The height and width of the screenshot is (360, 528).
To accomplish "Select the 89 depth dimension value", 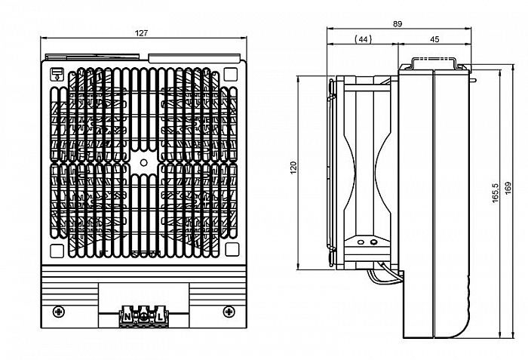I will point(398,24).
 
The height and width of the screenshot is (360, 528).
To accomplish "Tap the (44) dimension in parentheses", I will point(362,38).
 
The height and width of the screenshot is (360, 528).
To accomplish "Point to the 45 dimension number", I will point(434,38).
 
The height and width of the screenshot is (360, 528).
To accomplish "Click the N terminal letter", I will point(127,315).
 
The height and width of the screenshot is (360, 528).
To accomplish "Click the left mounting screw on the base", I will point(58,311).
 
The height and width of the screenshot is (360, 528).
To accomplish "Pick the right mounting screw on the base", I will point(229,311).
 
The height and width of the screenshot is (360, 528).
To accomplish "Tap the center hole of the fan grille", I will point(143,162).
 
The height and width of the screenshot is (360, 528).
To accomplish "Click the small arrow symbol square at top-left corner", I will point(57,74).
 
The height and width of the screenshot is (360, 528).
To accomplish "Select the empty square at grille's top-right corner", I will point(231,75).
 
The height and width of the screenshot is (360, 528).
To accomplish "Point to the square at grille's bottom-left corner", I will point(57,251).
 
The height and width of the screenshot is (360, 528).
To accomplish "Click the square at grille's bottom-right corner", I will point(231,251).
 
